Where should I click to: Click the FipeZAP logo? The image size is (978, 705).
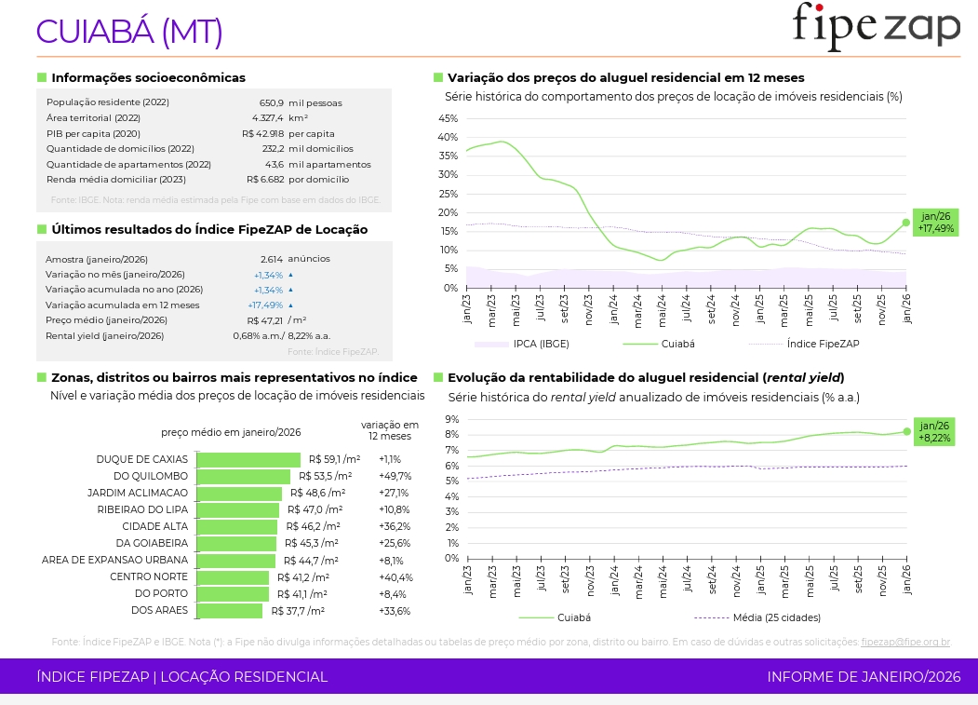[x=876, y=26]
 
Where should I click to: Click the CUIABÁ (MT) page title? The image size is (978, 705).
[x=129, y=32]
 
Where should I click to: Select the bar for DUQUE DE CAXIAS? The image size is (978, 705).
[x=248, y=459]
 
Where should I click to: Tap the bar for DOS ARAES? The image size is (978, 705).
[x=230, y=611]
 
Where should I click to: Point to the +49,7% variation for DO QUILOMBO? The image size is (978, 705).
[x=395, y=476]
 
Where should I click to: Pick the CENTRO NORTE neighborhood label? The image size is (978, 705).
[x=149, y=577]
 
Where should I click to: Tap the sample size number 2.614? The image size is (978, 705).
[x=272, y=259]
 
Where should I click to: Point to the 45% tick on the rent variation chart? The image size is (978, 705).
[x=448, y=118]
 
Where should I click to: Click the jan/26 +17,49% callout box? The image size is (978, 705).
[x=935, y=222]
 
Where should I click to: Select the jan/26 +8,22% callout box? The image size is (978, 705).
[x=935, y=431]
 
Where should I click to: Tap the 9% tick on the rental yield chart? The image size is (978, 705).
[x=451, y=419]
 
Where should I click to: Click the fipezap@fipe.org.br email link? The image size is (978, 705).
[x=904, y=642]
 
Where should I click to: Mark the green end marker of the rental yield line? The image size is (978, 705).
[x=906, y=431]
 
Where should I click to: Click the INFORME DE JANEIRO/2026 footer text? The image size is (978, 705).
[x=864, y=677]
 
